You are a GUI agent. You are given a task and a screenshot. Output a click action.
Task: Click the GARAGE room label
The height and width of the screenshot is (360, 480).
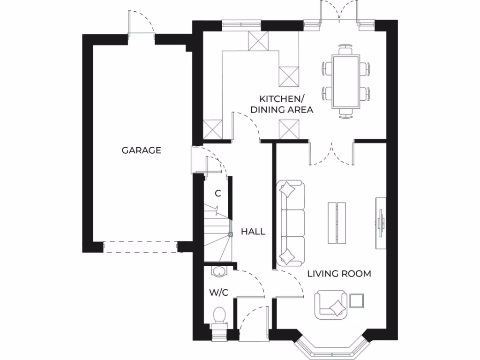click(x=141, y=150)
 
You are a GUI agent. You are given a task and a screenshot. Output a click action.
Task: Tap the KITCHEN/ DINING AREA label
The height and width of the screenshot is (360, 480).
click(x=282, y=104)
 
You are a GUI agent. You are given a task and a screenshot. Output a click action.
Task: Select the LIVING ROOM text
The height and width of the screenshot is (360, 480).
click(x=339, y=273)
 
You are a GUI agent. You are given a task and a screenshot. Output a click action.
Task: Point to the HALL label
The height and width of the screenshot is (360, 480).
click(x=253, y=232)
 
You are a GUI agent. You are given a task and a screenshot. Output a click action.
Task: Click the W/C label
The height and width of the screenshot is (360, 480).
click(x=218, y=293)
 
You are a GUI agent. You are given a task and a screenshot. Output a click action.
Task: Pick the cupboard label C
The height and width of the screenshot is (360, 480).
click(x=217, y=193)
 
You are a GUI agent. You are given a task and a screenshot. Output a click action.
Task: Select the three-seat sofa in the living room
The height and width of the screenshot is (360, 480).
click(x=291, y=224)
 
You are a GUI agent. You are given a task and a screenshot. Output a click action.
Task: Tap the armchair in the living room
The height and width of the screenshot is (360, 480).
click(x=331, y=305)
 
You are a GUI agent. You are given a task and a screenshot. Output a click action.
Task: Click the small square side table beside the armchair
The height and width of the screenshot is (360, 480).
click(x=357, y=300)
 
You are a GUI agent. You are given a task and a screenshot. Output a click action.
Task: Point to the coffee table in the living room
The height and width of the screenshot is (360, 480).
click(x=337, y=223)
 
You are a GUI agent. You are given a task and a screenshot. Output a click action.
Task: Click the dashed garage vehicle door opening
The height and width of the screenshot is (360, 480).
click(x=140, y=247)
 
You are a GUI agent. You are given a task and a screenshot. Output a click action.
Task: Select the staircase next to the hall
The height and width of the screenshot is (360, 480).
click(x=217, y=234)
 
